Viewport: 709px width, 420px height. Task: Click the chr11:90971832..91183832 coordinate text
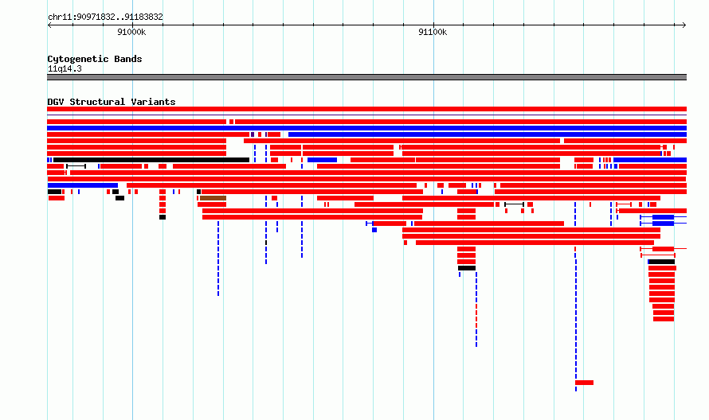tap(105, 17)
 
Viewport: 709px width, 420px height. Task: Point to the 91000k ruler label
tap(131, 32)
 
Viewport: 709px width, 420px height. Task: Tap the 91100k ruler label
tap(433, 32)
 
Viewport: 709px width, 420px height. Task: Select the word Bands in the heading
tap(128, 59)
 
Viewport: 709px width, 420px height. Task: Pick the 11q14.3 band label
tap(65, 68)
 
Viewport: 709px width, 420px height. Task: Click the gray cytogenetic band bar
tap(366, 77)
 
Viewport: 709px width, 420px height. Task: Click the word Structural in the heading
tap(97, 102)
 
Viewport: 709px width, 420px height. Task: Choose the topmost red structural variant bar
tap(366, 109)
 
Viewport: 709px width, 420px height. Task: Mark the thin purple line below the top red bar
tap(366, 115)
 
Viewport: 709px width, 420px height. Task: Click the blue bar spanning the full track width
tap(366, 128)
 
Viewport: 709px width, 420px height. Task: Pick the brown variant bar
tap(213, 198)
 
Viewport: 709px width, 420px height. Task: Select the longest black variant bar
tap(151, 160)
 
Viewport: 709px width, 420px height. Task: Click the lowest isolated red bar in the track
tap(584, 383)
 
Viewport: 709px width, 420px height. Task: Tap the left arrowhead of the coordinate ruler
tap(48, 25)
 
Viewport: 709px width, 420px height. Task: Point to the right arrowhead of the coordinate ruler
tap(685, 25)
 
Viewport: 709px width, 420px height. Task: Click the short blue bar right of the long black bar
tap(322, 160)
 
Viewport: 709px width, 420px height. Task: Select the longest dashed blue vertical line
tap(576, 297)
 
